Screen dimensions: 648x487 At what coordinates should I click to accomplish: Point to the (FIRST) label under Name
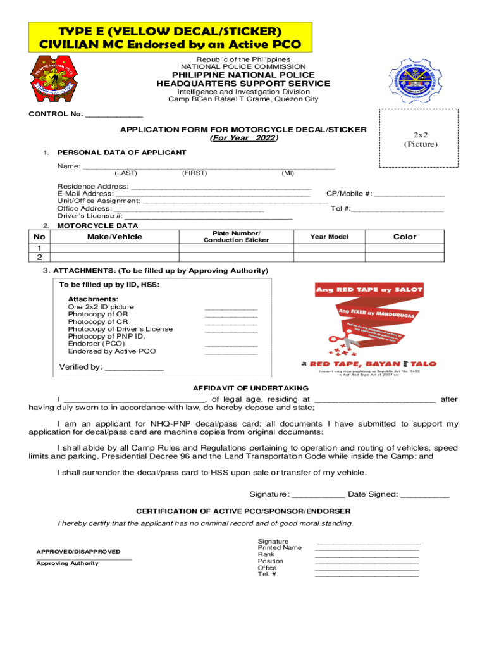[192, 173]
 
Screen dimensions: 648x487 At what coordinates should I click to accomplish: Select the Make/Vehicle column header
[114, 237]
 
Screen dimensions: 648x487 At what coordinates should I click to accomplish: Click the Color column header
[405, 237]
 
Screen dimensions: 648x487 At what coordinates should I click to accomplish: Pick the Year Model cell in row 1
[329, 247]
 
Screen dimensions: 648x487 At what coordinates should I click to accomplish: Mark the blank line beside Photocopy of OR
[231, 315]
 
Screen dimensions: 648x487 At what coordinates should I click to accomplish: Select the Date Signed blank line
[425, 495]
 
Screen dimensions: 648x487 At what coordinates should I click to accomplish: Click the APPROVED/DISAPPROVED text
[78, 552]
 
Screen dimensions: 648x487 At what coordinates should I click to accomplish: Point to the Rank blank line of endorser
[367, 555]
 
